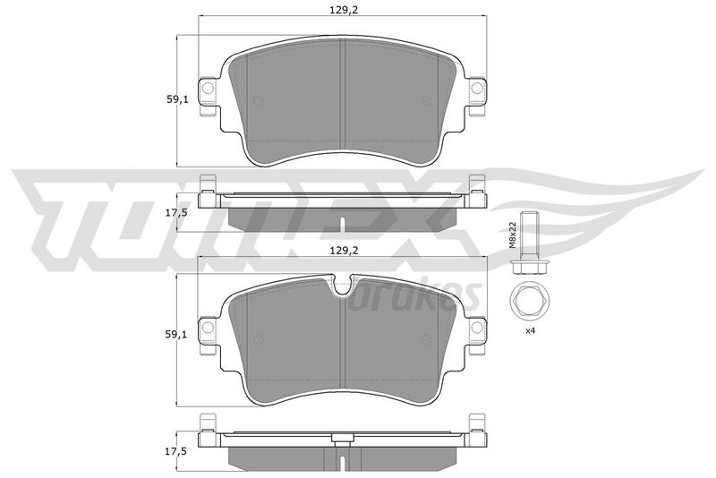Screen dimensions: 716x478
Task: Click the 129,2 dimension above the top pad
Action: [343, 10]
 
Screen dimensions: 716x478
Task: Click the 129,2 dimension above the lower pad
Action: [343, 250]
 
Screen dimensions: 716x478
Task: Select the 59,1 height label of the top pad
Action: [176, 99]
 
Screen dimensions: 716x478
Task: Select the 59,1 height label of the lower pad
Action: [176, 335]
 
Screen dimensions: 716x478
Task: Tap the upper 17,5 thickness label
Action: [176, 212]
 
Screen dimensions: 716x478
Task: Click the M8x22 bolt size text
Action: [512, 235]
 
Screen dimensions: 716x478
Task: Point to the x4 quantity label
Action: [530, 330]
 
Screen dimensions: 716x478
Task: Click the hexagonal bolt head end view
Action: [528, 301]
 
